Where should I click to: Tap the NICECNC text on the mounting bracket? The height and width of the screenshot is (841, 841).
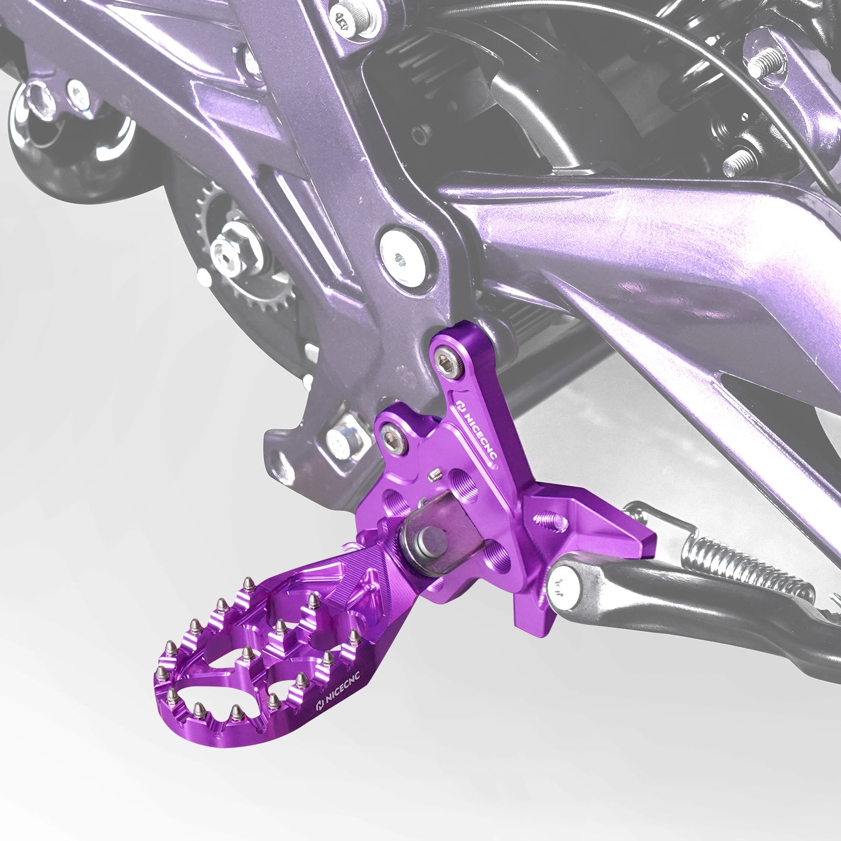(476, 426)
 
